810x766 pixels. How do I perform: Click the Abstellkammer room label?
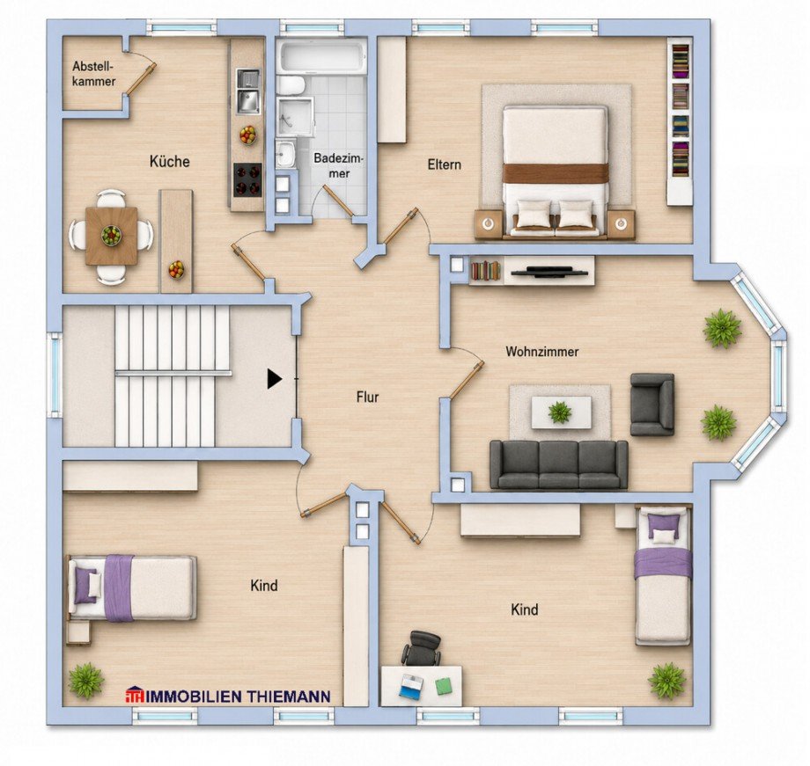pyautogui.click(x=93, y=74)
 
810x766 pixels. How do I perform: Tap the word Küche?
pyautogui.click(x=169, y=161)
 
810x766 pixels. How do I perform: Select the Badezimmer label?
pyautogui.click(x=339, y=165)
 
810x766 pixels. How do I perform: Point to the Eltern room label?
pyautogui.click(x=445, y=164)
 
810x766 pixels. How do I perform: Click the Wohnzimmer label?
pyautogui.click(x=541, y=352)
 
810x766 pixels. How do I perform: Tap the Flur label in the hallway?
pyautogui.click(x=367, y=397)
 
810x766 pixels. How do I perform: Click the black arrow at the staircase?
pyautogui.click(x=275, y=379)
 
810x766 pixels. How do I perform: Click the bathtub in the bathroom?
pyautogui.click(x=321, y=56)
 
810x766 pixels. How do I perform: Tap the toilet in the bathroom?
pyautogui.click(x=291, y=85)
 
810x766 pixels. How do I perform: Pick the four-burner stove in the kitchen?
pyautogui.click(x=248, y=180)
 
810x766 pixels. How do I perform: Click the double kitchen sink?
pyautogui.click(x=249, y=91)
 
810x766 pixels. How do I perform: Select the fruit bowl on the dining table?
pyautogui.click(x=111, y=236)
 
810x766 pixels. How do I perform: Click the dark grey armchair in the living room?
pyautogui.click(x=652, y=405)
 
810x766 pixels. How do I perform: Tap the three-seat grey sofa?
pyautogui.click(x=558, y=464)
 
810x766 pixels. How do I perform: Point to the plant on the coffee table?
pyautogui.click(x=560, y=412)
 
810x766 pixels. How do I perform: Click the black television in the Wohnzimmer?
pyautogui.click(x=549, y=272)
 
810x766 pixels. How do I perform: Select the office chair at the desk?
pyautogui.click(x=422, y=648)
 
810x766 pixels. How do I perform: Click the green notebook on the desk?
pyautogui.click(x=443, y=686)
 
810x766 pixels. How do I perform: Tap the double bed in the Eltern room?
pyautogui.click(x=555, y=171)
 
